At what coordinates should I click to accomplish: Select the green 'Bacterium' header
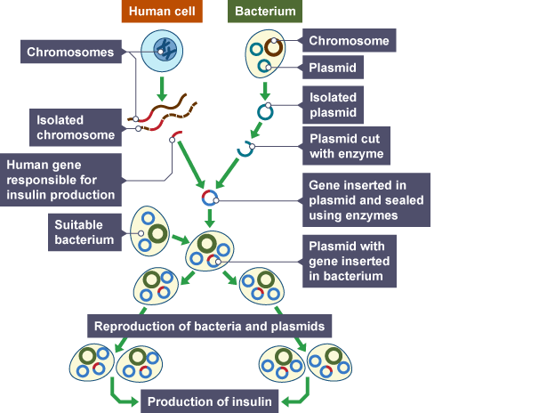264,12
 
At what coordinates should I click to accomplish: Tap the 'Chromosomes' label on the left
70,53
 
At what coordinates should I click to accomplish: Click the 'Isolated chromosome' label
75,126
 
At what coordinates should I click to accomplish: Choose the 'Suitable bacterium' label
84,232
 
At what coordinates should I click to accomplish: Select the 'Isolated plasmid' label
334,105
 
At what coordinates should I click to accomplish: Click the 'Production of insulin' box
210,401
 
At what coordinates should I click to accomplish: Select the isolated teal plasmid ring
264,112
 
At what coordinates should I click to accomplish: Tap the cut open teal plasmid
245,148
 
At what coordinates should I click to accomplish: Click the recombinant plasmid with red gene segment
209,196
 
